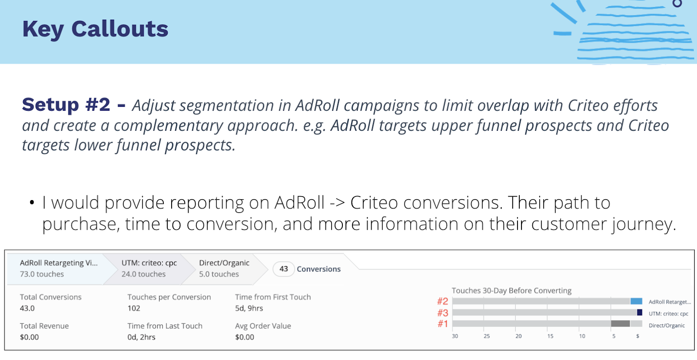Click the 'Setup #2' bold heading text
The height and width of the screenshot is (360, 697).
pos(66,105)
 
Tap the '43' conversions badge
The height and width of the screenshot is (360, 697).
pos(284,269)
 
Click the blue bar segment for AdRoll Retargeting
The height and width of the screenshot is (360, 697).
pos(636,301)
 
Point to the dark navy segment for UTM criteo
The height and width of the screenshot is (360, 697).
pos(639,312)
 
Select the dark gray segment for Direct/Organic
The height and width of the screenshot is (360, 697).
pos(620,323)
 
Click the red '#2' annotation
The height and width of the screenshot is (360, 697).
pos(443,301)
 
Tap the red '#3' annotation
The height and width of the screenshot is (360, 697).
pos(443,312)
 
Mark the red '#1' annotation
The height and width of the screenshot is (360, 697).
pos(443,324)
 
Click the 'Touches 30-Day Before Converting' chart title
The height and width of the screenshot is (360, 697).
pos(511,291)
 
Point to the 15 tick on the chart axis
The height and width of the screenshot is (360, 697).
pos(550,336)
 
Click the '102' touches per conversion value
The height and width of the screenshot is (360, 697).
pos(134,308)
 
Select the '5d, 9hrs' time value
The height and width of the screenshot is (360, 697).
pos(249,308)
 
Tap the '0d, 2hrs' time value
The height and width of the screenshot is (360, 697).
pos(141,337)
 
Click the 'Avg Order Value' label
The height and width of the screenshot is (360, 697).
pos(263,326)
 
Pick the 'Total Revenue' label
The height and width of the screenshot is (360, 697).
pos(44,326)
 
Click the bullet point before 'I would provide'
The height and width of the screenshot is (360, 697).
pos(32,203)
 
